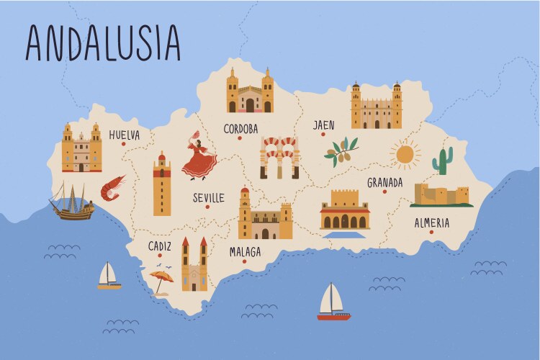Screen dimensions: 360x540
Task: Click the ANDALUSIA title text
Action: click(x=102, y=42)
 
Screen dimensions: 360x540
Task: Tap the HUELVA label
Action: click(x=125, y=135)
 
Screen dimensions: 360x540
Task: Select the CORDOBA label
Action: click(x=240, y=129)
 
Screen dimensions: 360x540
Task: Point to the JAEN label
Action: click(x=323, y=125)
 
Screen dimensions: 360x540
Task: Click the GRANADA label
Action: click(x=384, y=182)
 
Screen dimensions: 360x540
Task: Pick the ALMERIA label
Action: click(x=431, y=222)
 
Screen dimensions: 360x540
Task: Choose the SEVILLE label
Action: click(x=209, y=197)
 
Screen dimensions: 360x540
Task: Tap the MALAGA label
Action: click(x=245, y=252)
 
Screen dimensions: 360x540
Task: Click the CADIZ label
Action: click(x=160, y=246)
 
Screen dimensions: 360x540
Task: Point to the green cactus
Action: click(x=442, y=161)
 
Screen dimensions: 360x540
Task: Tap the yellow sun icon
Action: click(x=405, y=153)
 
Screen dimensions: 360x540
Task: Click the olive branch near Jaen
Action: click(x=341, y=150)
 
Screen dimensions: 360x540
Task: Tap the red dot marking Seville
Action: click(x=207, y=207)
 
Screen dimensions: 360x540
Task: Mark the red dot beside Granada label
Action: click(x=385, y=192)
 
